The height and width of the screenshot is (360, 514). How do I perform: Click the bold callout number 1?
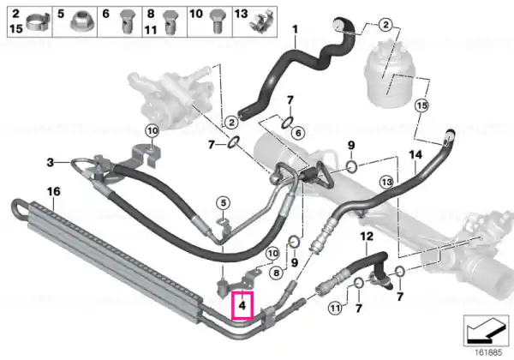[295, 29]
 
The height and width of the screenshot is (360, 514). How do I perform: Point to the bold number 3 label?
[51, 162]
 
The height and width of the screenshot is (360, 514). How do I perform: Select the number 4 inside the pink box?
[242, 306]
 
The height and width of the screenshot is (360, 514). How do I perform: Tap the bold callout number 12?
[367, 236]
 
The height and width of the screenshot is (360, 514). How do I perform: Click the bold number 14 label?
[415, 154]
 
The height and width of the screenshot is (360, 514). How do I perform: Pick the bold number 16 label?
[54, 191]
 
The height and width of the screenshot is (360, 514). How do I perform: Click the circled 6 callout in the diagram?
[298, 133]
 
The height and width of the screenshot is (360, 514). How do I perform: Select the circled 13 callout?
[386, 182]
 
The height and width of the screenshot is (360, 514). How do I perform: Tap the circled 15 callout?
[421, 105]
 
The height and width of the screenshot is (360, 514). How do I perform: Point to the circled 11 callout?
[335, 309]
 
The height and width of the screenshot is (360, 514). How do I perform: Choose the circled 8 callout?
[277, 273]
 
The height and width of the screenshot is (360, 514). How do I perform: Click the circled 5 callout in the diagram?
[224, 203]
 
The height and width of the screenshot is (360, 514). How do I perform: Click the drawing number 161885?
[489, 353]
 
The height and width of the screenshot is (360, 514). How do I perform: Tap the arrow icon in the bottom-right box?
[486, 330]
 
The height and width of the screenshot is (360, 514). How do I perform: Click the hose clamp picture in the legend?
[38, 21]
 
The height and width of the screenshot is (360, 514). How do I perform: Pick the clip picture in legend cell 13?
[261, 21]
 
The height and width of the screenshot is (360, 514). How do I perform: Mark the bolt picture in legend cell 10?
[217, 21]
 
